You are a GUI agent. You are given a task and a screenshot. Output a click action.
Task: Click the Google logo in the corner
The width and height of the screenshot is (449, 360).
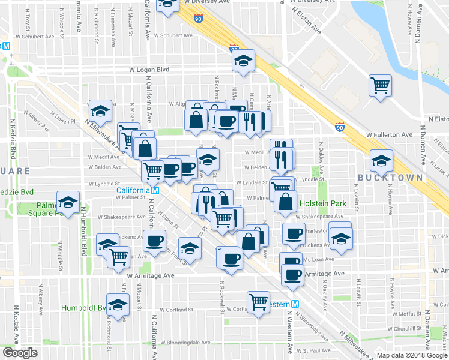click(20, 353)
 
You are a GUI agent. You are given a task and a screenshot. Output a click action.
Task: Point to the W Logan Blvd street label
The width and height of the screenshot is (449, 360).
click(150, 70)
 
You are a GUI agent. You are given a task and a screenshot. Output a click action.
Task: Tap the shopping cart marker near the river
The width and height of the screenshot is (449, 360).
click(381, 86)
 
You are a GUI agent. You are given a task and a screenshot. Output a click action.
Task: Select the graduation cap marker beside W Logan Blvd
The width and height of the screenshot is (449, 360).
click(244, 61)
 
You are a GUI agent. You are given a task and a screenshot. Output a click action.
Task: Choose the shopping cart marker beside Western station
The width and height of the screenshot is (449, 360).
click(259, 302)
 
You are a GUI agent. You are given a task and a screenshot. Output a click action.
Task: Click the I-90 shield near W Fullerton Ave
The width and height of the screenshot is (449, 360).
click(340, 127)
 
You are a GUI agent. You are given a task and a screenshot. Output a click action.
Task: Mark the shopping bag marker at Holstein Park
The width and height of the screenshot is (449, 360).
click(286, 202)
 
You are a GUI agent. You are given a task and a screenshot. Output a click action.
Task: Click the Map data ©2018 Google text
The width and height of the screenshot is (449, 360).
click(412, 355)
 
